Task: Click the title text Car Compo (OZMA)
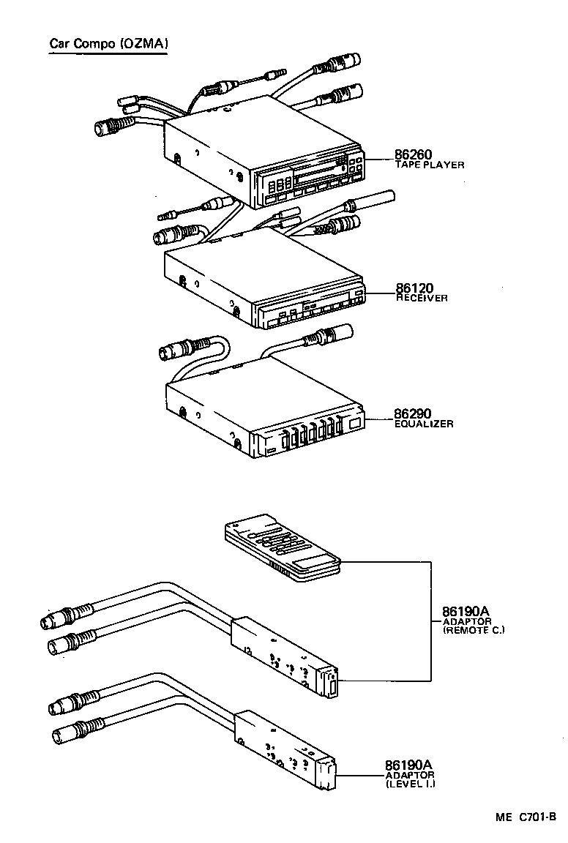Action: click(109, 44)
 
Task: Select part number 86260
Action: click(414, 154)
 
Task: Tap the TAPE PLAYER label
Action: click(430, 165)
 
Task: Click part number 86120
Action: click(414, 288)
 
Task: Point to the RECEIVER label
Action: click(422, 299)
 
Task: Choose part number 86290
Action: click(414, 413)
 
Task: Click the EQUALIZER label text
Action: click(424, 424)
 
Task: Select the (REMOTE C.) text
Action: click(474, 630)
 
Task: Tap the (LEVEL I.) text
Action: click(410, 784)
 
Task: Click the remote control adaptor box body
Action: click(282, 651)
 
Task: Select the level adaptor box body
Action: click(282, 746)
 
